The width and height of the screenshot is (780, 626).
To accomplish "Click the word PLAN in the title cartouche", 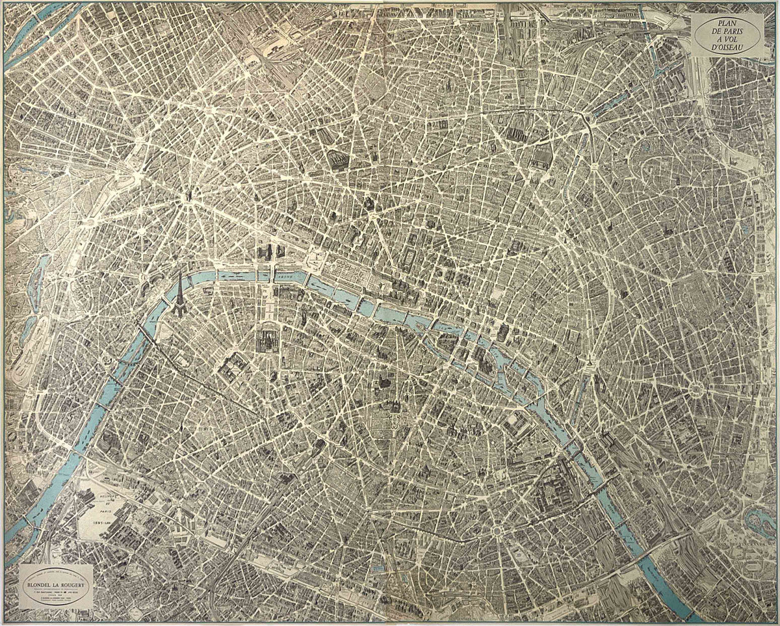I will click(728, 23).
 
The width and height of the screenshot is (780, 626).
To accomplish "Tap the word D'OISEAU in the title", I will click(728, 48).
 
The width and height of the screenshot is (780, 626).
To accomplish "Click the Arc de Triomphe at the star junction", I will click(189, 194).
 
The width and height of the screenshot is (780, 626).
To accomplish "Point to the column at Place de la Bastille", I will click(589, 361).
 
